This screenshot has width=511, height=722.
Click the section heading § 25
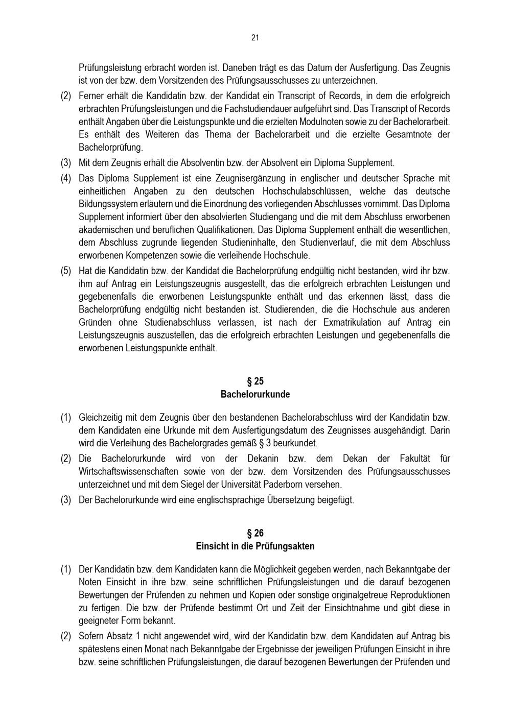[255, 381]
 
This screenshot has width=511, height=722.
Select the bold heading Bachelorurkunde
[255, 394]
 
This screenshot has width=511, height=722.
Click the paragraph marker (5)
[66, 271]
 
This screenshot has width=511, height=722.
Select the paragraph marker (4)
[66, 178]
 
